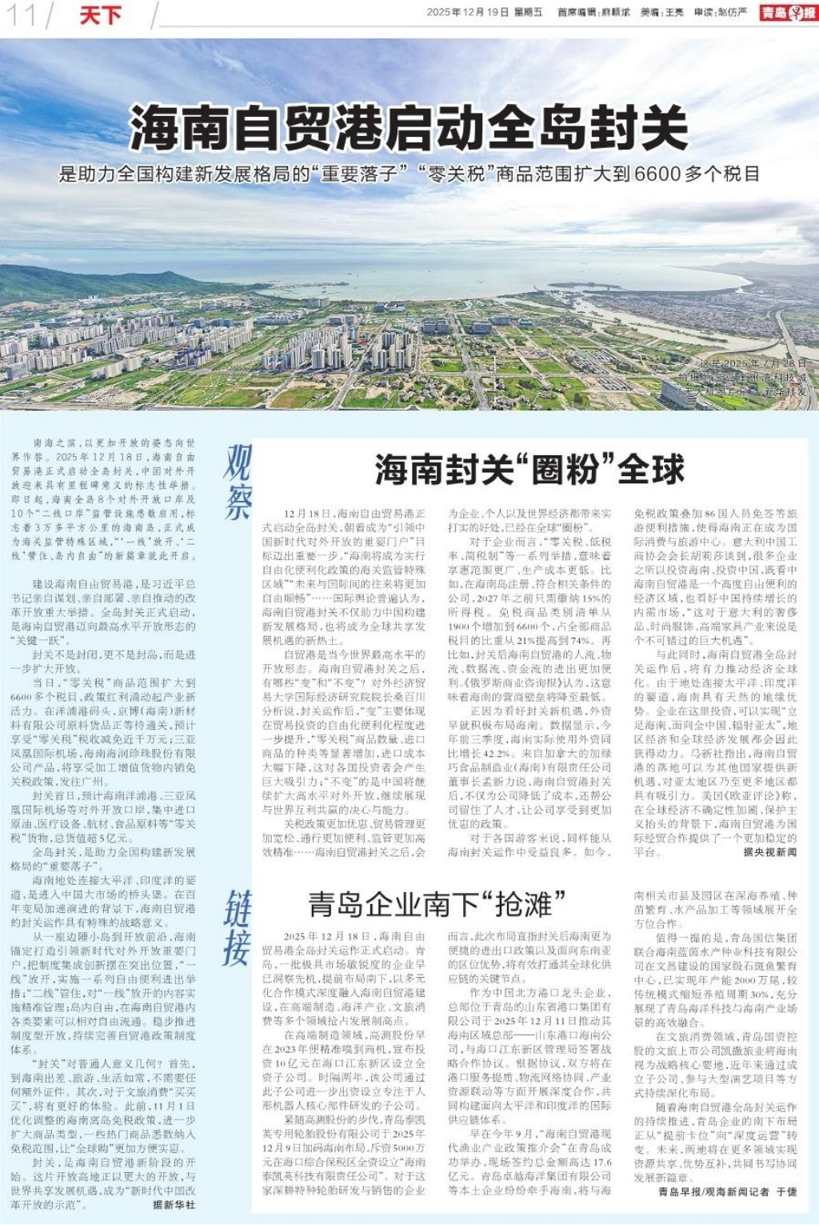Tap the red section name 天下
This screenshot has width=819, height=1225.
[100, 14]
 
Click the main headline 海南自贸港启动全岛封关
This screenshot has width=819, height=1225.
[409, 127]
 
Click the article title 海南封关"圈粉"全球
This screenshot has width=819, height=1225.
[529, 470]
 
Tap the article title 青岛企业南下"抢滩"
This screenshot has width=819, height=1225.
[437, 904]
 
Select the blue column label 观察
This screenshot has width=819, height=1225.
[238, 481]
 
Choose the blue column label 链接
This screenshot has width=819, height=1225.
[238, 927]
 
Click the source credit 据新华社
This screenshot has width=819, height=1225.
[174, 1204]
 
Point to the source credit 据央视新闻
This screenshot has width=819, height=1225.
[769, 852]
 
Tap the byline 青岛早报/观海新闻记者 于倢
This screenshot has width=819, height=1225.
[727, 1191]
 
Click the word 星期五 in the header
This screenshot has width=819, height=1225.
[529, 12]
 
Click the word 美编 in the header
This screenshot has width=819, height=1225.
[650, 12]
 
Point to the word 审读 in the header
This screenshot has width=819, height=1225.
[703, 12]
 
